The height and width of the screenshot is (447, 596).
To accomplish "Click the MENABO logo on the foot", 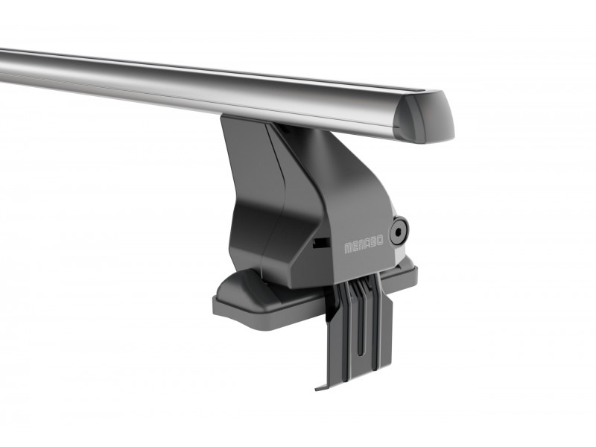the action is (x=364, y=244).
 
